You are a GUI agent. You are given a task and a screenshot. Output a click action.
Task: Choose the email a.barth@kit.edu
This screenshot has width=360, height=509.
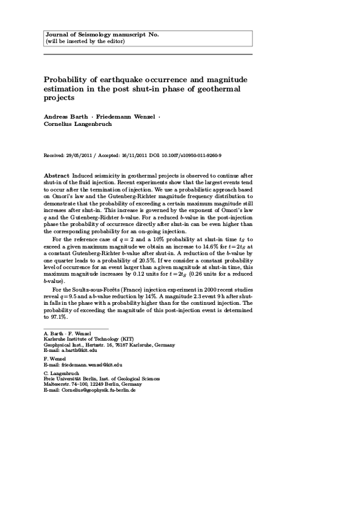(80, 350)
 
